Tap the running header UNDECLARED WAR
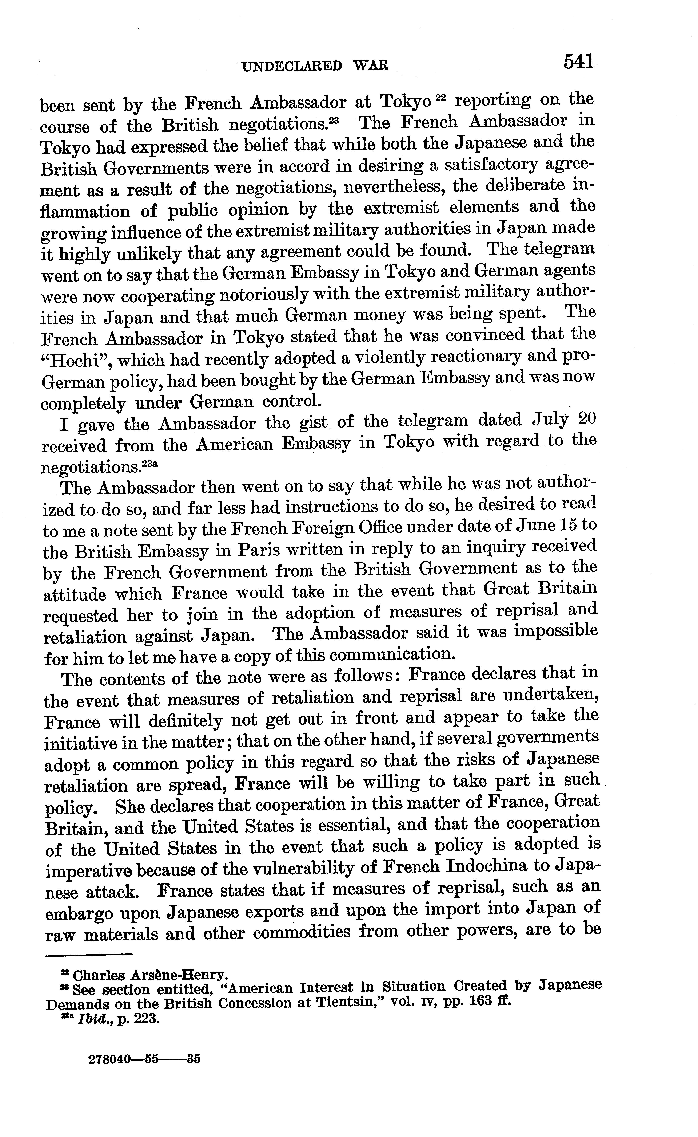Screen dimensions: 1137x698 pyautogui.click(x=315, y=66)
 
